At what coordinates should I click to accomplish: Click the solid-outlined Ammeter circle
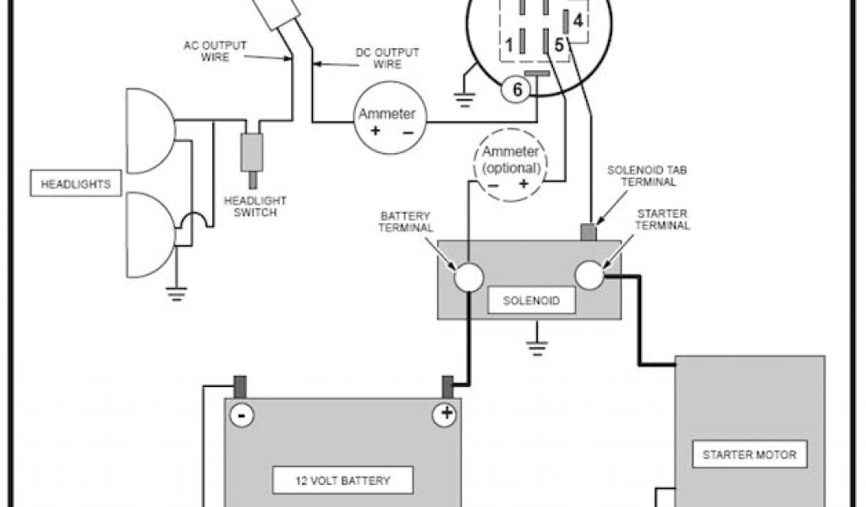(x=386, y=123)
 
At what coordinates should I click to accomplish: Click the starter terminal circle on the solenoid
(x=590, y=275)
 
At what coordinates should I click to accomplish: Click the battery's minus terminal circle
(x=242, y=414)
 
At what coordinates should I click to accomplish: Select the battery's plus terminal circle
(x=446, y=414)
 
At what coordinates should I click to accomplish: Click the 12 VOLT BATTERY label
(x=343, y=481)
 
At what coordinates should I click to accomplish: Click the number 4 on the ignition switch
(x=578, y=19)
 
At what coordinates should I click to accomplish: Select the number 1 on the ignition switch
(x=509, y=43)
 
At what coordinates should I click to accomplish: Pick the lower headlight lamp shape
(x=149, y=234)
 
